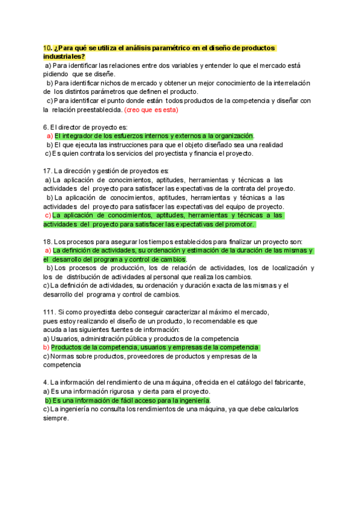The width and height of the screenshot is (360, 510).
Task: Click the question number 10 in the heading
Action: point(47,48)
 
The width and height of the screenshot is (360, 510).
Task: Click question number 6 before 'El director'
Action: point(46,127)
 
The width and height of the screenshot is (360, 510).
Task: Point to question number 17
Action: point(47,171)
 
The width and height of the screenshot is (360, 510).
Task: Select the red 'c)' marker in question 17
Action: point(47,215)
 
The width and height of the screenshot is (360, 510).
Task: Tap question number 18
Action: point(47,242)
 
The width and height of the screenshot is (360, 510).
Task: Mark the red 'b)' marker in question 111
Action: point(46,348)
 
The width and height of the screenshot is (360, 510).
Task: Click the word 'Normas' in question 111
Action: point(64,356)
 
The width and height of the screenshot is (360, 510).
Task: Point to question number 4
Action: point(46,382)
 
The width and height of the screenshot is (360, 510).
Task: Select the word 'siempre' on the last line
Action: point(56,419)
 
